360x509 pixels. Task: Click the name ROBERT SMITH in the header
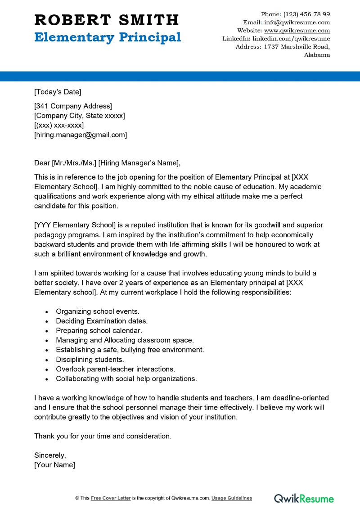coord(107,20)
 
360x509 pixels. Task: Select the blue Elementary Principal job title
coord(108,37)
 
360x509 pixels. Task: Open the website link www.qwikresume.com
coord(297,31)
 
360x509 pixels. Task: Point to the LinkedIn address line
coord(276,39)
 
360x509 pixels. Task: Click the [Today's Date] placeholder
coord(58,92)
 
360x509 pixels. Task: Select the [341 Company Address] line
coord(73,106)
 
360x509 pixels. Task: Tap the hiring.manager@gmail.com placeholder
coord(81,135)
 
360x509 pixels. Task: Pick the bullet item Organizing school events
coord(98,311)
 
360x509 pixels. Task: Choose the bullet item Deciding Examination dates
coord(102,321)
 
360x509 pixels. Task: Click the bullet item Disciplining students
coord(90,360)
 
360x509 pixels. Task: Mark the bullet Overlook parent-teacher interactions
coord(116,369)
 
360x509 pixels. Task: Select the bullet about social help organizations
coord(126,378)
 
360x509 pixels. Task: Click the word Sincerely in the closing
coord(50,455)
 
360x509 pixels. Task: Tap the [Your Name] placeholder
coord(54,464)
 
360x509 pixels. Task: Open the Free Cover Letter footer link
coord(111,498)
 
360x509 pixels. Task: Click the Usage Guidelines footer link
coord(232,498)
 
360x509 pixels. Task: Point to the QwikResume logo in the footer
coord(304,498)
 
